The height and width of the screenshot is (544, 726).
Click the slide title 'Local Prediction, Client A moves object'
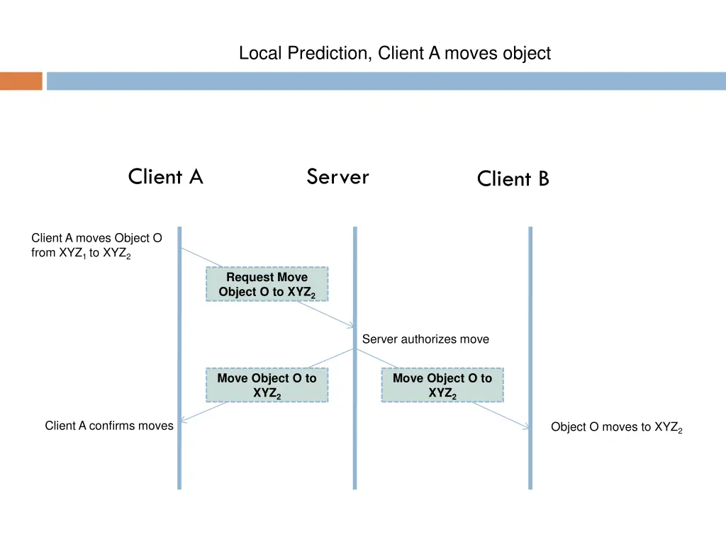(394, 53)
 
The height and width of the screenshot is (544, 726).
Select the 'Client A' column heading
(165, 176)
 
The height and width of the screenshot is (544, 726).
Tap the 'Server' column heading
(337, 176)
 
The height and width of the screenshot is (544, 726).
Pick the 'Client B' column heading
(513, 178)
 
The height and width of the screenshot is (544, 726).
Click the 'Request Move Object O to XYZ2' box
(267, 284)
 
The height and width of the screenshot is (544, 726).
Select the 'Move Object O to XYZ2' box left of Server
(267, 385)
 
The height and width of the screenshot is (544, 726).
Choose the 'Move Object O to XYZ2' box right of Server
(442, 385)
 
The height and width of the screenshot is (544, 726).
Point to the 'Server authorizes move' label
(425, 339)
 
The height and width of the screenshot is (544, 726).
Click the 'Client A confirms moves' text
(108, 426)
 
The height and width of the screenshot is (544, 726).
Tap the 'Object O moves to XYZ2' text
(616, 427)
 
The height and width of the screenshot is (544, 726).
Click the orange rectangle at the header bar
(21, 81)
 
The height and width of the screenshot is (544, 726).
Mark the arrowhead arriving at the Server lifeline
(352, 326)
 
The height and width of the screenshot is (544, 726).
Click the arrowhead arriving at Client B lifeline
(526, 426)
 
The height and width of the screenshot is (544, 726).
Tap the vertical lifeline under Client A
(179, 460)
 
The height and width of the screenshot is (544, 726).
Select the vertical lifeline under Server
(354, 460)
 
